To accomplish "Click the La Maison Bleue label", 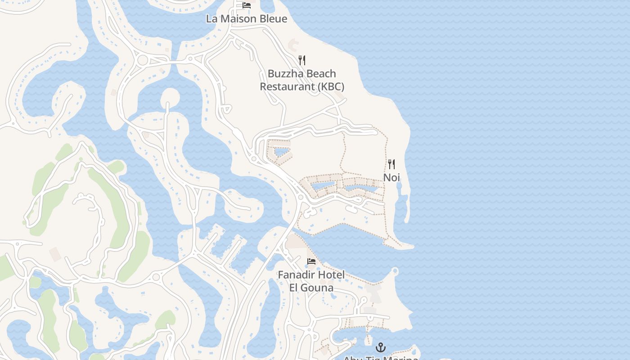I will coord(246,19).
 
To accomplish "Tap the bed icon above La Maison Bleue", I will coord(246,5).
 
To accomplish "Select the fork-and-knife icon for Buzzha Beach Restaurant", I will coord(302,60).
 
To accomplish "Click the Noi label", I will coord(391,178).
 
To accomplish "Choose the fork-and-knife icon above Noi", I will coord(391,164).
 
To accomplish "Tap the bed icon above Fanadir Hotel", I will coord(311,261).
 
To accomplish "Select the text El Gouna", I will coord(311,288).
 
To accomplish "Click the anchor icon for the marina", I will coord(381,347).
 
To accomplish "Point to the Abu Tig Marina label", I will coord(381,358).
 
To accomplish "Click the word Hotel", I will coord(331,275).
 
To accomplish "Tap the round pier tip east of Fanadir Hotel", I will coord(395,271).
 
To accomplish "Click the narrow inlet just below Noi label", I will coord(400,198).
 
